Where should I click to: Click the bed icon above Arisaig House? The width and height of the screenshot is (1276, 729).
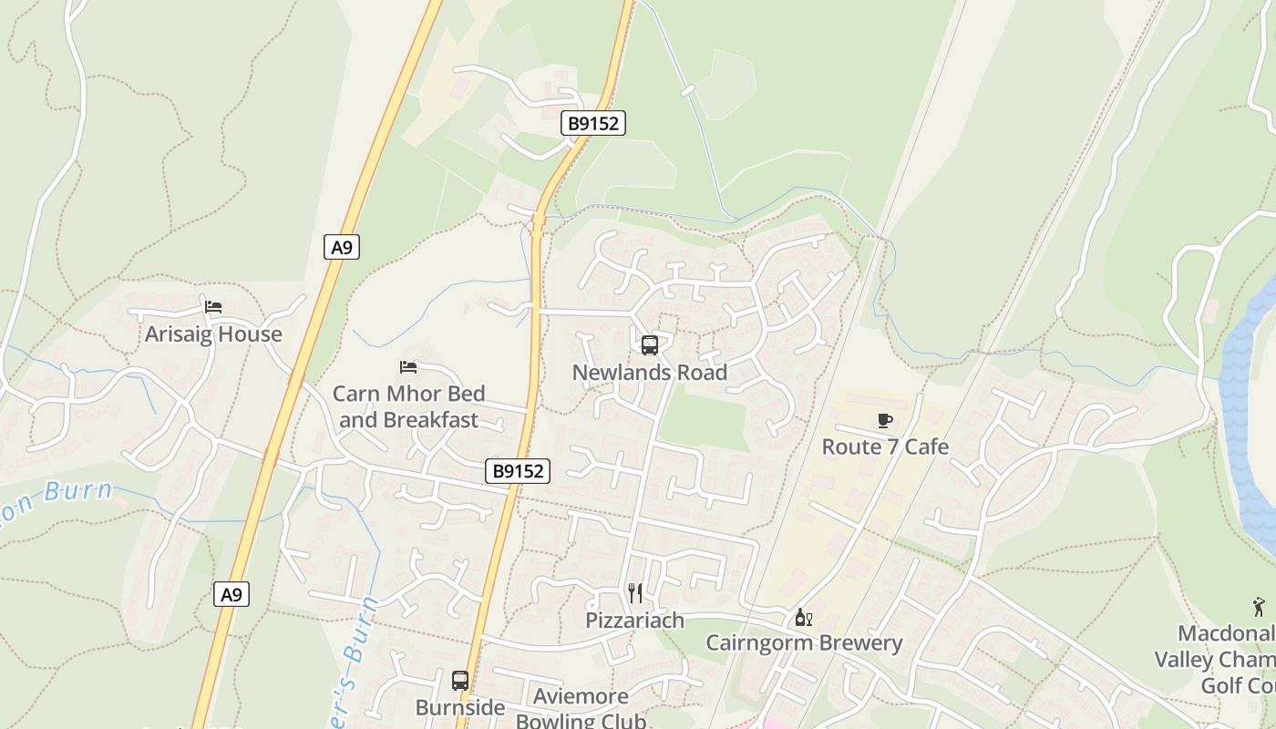coord(213,307)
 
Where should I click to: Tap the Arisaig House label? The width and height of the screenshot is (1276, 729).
coord(213,334)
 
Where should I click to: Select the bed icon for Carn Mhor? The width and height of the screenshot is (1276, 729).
coord(408,367)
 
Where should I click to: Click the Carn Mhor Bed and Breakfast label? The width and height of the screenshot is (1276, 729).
coord(408,406)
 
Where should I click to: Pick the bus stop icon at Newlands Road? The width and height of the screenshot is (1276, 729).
coord(650,345)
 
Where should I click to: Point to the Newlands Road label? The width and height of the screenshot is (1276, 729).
coord(650,373)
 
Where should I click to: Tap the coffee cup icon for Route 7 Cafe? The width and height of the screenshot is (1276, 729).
coord(884,420)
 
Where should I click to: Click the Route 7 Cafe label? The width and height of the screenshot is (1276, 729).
coord(885,447)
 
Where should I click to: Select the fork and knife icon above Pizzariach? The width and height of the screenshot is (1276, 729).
coord(635,593)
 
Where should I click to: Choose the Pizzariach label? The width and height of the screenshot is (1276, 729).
coord(634,621)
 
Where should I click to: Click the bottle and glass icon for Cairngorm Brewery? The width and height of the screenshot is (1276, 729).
coord(803,618)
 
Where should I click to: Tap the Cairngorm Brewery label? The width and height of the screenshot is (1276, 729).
coord(804,643)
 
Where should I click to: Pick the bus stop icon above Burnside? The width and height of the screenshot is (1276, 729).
coord(460,681)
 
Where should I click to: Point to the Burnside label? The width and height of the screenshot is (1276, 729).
coord(460,708)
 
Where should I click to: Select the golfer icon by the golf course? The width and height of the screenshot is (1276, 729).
coord(1259,607)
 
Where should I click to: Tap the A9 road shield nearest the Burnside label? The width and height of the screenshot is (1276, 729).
coord(232,595)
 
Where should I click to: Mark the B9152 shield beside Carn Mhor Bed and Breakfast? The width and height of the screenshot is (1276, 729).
coord(518,471)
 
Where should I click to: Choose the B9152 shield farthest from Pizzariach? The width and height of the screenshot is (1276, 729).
coord(594,123)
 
